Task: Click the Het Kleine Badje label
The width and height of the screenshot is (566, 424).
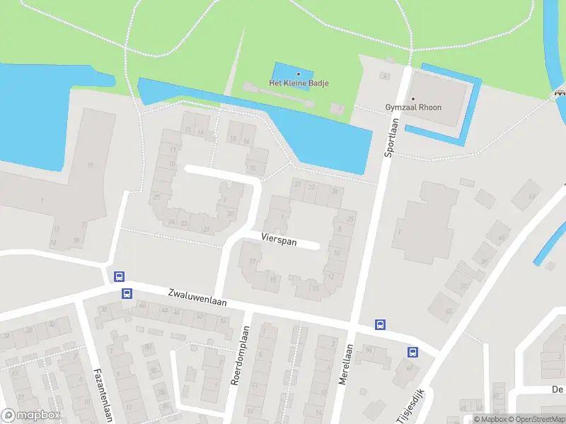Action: pos(299,83)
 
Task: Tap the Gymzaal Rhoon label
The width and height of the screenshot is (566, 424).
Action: pos(413,107)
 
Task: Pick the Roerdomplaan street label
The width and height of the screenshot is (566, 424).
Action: pos(241,355)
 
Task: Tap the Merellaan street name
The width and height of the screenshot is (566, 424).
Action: pos(345,364)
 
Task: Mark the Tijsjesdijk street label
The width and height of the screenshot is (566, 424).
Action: pos(410,406)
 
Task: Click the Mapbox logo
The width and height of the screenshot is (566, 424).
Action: pos(31,416)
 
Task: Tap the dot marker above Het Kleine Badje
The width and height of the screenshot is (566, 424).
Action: pos(299,73)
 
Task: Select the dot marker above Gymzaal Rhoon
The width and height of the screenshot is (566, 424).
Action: pos(413,98)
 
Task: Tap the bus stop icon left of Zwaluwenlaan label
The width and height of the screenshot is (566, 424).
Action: pos(127,294)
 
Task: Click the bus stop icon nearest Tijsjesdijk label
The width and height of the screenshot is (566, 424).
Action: pos(412,352)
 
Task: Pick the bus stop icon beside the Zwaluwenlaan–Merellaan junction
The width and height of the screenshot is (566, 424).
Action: pos(380,325)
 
